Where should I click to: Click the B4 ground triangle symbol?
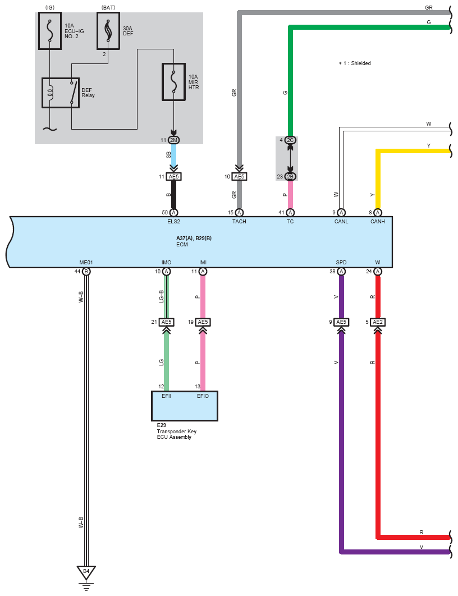86,572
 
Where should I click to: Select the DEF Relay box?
61,93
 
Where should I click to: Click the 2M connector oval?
173,140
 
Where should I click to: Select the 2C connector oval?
290,140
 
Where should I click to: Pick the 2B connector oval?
290,176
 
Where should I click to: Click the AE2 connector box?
378,322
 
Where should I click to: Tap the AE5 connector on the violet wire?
341,322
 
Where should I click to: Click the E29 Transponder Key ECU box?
184,406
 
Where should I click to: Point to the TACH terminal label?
239,222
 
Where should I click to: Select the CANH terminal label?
378,222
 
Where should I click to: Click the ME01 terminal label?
86,263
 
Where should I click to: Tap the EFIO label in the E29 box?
203,396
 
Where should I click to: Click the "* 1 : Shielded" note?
355,63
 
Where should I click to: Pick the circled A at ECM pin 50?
173,212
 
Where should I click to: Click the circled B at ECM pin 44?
86,272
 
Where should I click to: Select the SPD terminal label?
341,263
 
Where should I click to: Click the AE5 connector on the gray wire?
239,176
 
